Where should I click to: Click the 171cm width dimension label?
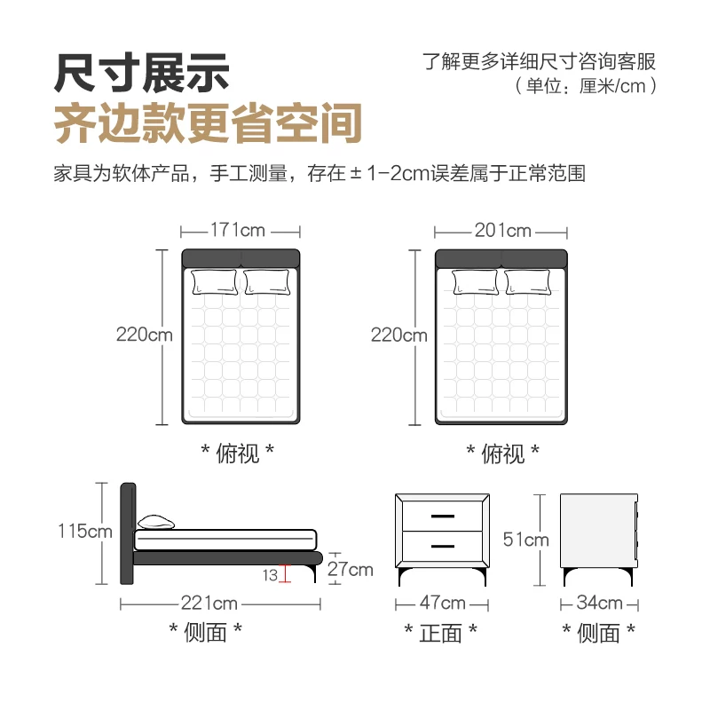click(238, 230)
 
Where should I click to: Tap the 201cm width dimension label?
click(502, 231)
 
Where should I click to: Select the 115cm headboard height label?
click(85, 531)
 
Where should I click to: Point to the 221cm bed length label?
click(209, 603)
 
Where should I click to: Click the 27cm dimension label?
click(350, 569)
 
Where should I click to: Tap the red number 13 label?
click(270, 575)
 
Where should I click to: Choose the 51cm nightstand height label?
click(525, 540)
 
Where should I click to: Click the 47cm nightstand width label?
click(442, 603)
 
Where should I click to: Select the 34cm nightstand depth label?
click(600, 603)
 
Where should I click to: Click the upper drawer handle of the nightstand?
click(442, 517)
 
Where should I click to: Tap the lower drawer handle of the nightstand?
click(442, 546)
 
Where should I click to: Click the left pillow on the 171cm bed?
click(215, 282)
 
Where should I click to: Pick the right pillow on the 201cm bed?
click(527, 282)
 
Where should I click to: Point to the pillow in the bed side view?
click(156, 522)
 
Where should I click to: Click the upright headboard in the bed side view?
click(128, 533)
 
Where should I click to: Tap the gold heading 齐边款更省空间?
click(208, 123)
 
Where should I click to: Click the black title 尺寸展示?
click(142, 73)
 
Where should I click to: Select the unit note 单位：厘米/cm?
click(586, 86)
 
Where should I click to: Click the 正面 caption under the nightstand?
click(440, 633)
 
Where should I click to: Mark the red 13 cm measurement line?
click(285, 573)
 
